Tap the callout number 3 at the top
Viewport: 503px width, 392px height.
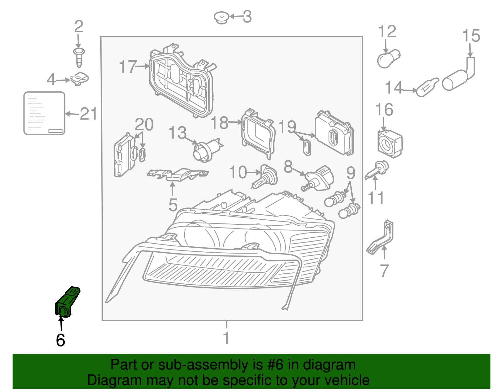(x=247, y=17)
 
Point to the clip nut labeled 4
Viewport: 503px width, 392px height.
(x=80, y=78)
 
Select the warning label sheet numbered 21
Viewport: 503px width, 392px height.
(x=44, y=113)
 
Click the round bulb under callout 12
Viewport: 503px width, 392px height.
(x=389, y=59)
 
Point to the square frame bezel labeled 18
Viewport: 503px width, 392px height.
(x=258, y=133)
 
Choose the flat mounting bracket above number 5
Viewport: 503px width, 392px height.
(x=178, y=175)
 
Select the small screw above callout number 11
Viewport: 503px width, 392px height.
(x=378, y=169)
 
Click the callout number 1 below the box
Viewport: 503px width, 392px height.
(x=226, y=338)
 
